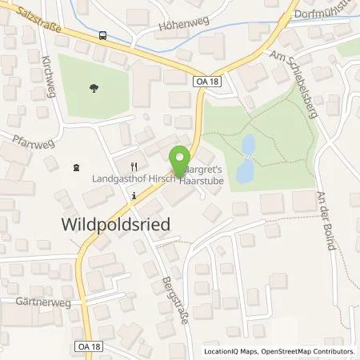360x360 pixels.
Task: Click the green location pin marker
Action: pyautogui.click(x=181, y=158)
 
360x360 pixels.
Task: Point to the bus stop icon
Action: pyautogui.click(x=102, y=34)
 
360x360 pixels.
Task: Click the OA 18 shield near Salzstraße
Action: pyautogui.click(x=206, y=81)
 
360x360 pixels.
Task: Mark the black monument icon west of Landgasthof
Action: pyautogui.click(x=75, y=167)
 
